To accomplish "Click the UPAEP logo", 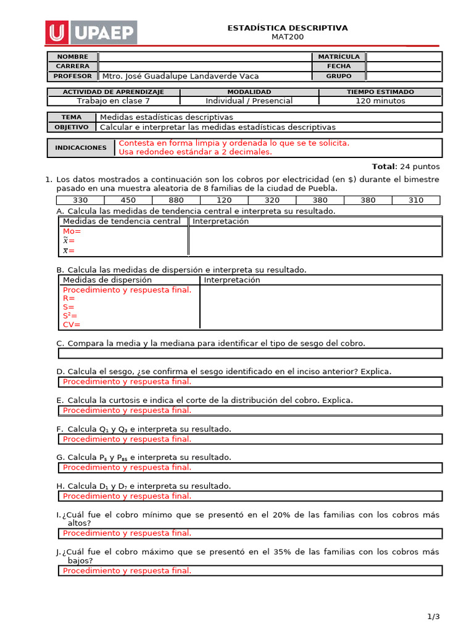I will tap(91, 32).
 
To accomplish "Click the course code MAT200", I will tap(288, 37).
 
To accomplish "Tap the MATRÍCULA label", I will tap(339, 57).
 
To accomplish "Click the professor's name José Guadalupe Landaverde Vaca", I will tap(180, 77).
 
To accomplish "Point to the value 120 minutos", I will tap(380, 101).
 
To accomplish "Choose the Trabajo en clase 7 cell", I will tap(113, 101).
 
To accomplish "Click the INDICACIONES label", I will tap(72, 148).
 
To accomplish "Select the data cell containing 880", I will tap(176, 200).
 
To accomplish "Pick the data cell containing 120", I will tap(224, 200).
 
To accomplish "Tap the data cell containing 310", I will tap(416, 200).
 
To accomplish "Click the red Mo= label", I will tap(72, 231).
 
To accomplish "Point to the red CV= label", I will tap(72, 325).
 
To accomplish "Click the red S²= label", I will tap(70, 315).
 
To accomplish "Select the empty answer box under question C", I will tap(250, 354).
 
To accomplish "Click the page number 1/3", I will tap(433, 617).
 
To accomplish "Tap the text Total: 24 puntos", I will tap(405, 167).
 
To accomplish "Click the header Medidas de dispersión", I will tap(107, 280).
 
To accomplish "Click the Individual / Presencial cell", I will tap(249, 101).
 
